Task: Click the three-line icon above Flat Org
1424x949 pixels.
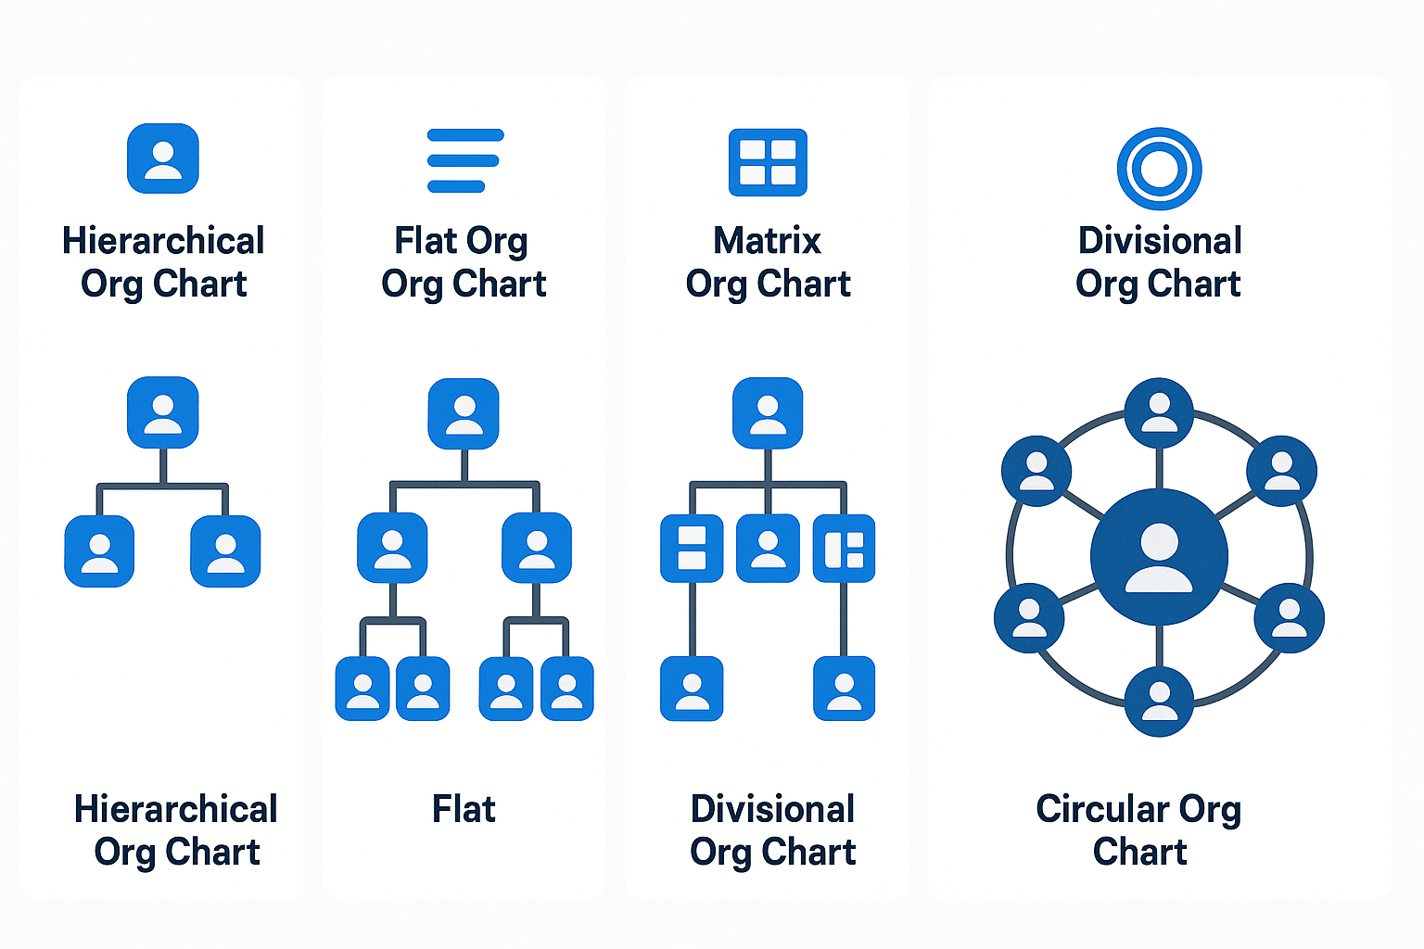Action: [464, 160]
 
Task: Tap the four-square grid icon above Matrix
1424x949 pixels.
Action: [768, 162]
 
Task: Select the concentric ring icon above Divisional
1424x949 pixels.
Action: [1159, 169]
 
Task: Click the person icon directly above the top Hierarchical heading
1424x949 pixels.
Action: [163, 158]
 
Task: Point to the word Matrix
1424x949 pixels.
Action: [767, 241]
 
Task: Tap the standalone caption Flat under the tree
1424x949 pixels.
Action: [464, 809]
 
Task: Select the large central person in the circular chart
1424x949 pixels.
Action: [1159, 557]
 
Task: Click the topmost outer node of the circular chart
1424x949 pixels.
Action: [1159, 412]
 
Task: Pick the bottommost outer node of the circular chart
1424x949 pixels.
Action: [1159, 701]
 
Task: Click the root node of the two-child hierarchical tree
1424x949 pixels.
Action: [163, 412]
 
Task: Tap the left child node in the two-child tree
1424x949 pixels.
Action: [99, 551]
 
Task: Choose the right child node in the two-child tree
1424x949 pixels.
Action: [225, 551]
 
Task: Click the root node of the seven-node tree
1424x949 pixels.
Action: [464, 413]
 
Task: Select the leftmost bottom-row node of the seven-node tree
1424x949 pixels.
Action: [362, 689]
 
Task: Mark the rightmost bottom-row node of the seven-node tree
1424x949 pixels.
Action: [566, 689]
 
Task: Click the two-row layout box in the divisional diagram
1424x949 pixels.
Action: [692, 549]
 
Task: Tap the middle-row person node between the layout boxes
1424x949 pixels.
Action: [768, 549]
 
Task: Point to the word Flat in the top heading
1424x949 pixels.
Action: [426, 241]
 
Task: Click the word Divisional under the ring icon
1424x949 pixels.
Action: [1160, 241]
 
